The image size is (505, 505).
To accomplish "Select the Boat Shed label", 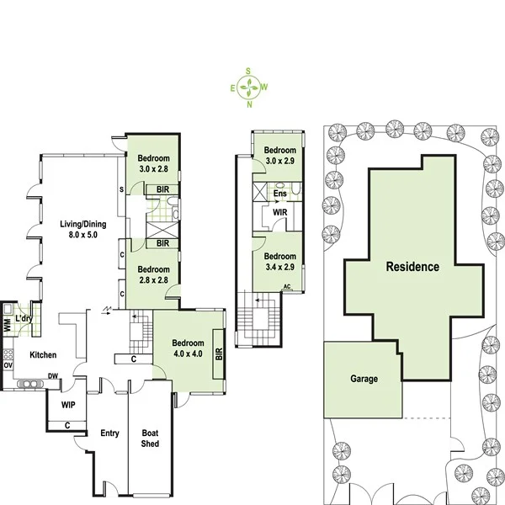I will click(x=150, y=439).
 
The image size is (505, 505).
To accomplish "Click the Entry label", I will click(x=109, y=433).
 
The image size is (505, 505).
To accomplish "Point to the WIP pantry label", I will click(x=68, y=405).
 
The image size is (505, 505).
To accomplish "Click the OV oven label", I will click(x=8, y=366).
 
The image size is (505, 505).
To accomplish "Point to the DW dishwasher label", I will click(x=52, y=376).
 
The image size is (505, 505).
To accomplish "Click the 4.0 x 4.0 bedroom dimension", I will click(x=187, y=355).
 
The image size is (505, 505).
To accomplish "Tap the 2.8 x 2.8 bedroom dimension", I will click(x=153, y=281).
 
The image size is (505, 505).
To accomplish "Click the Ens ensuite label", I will click(x=279, y=194).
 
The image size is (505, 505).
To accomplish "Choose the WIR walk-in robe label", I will click(x=279, y=215).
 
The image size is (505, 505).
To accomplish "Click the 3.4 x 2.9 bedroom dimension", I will click(x=279, y=268).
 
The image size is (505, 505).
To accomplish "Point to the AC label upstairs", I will click(x=287, y=286).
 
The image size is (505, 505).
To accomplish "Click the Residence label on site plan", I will click(x=412, y=267).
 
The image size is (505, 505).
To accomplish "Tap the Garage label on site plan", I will click(x=364, y=379).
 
